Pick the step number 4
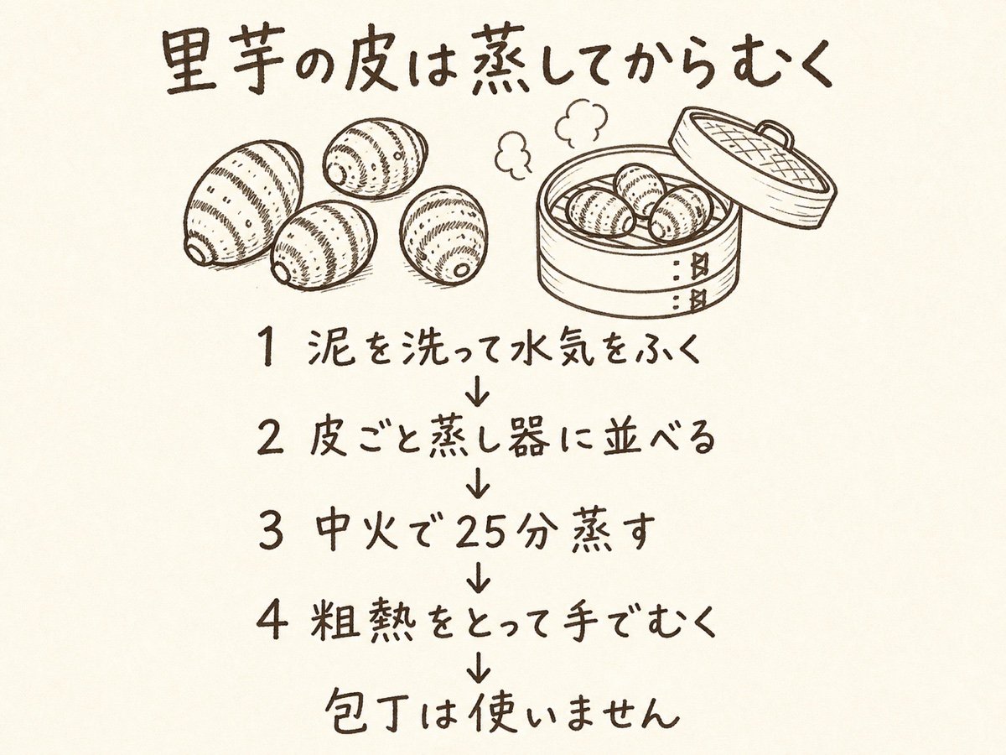(271, 622)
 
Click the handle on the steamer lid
(775, 134)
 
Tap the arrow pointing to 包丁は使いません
(480, 665)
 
